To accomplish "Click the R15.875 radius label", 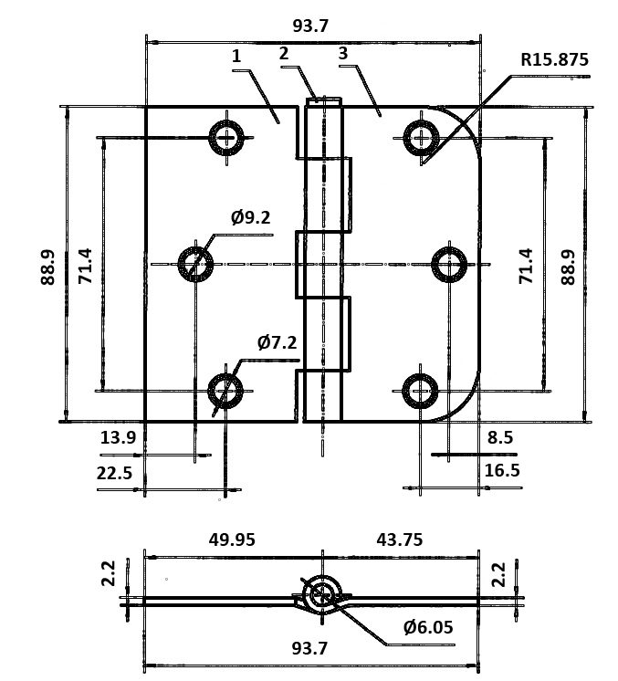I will coord(554,60).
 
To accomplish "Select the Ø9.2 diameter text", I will coord(251,217).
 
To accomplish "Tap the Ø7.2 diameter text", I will coord(277,342).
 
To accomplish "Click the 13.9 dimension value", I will coord(118,437).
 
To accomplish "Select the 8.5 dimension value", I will coord(500,437).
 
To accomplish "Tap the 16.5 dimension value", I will coord(503,471).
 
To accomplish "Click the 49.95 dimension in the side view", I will coord(232,540).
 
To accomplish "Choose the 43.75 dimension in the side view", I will coord(400,540).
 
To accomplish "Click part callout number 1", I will coord(236,56).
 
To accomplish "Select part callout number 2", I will coord(284,54).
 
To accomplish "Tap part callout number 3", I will coord(343,54).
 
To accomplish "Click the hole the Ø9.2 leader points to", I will coord(195,264).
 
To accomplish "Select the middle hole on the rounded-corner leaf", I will coord(448,265).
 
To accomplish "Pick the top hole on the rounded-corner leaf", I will coord(420,138).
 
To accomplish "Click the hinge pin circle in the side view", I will coord(320,594).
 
